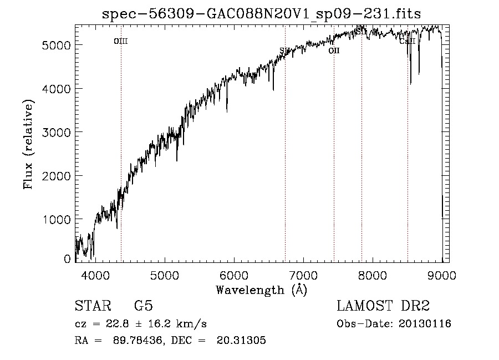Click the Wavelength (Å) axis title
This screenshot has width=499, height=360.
(261, 290)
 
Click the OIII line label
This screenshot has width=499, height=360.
(120, 41)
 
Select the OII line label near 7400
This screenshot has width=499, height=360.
(334, 51)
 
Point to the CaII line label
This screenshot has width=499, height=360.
(407, 41)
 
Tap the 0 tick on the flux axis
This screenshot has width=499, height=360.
(68, 259)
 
